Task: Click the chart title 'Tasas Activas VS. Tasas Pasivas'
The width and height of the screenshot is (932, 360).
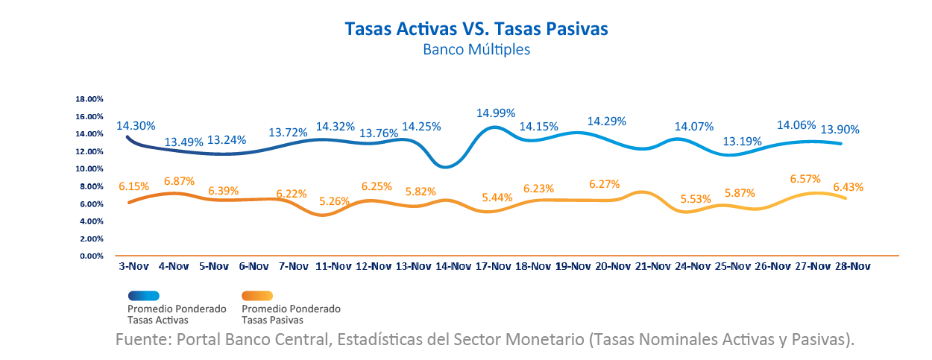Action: click(x=476, y=29)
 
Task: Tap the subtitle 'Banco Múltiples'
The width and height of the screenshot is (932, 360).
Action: click(x=476, y=50)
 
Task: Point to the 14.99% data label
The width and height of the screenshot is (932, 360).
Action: click(x=496, y=113)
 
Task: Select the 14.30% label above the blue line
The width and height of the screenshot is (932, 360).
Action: click(x=136, y=127)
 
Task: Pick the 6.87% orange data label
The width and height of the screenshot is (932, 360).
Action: click(x=179, y=181)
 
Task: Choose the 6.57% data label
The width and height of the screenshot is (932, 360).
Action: click(x=805, y=179)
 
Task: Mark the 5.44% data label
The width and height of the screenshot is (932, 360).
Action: click(x=497, y=198)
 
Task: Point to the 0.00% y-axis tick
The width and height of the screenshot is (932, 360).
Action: click(x=91, y=256)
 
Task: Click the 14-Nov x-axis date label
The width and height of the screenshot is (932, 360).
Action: click(x=453, y=265)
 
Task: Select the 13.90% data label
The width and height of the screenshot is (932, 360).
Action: click(x=840, y=130)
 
